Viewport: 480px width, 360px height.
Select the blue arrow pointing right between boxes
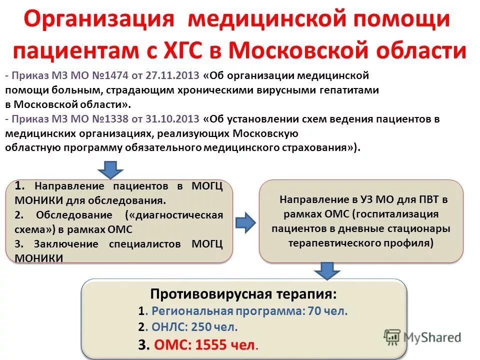tap(245, 222)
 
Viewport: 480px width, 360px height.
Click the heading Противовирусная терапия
tap(243, 292)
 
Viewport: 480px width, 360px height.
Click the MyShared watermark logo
tap(422, 337)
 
